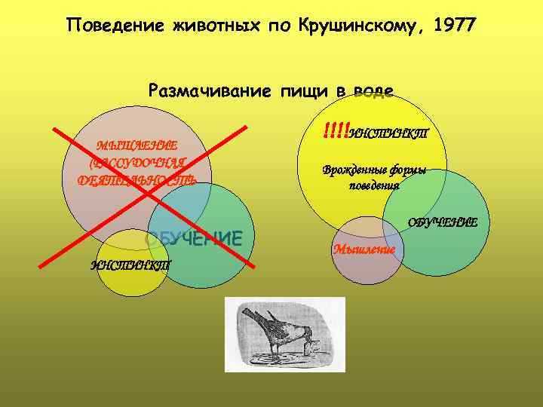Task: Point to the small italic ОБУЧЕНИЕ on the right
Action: (443, 222)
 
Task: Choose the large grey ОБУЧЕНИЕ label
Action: (194, 238)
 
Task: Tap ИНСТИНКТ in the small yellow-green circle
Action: (131, 265)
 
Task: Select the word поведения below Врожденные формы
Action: (375, 185)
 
